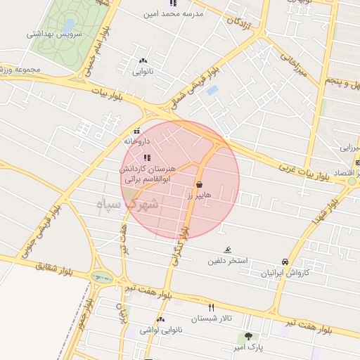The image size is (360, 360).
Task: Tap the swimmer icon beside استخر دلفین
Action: tap(227, 250)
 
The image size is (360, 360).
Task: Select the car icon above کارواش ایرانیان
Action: tap(285, 261)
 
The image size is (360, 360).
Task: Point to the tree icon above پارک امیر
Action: tap(247, 337)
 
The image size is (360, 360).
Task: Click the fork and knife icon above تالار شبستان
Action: tap(212, 307)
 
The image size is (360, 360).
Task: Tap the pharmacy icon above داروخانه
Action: tap(136, 131)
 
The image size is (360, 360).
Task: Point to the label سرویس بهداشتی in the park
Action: tap(54, 34)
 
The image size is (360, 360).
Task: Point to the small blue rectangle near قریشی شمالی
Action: tap(212, 91)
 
